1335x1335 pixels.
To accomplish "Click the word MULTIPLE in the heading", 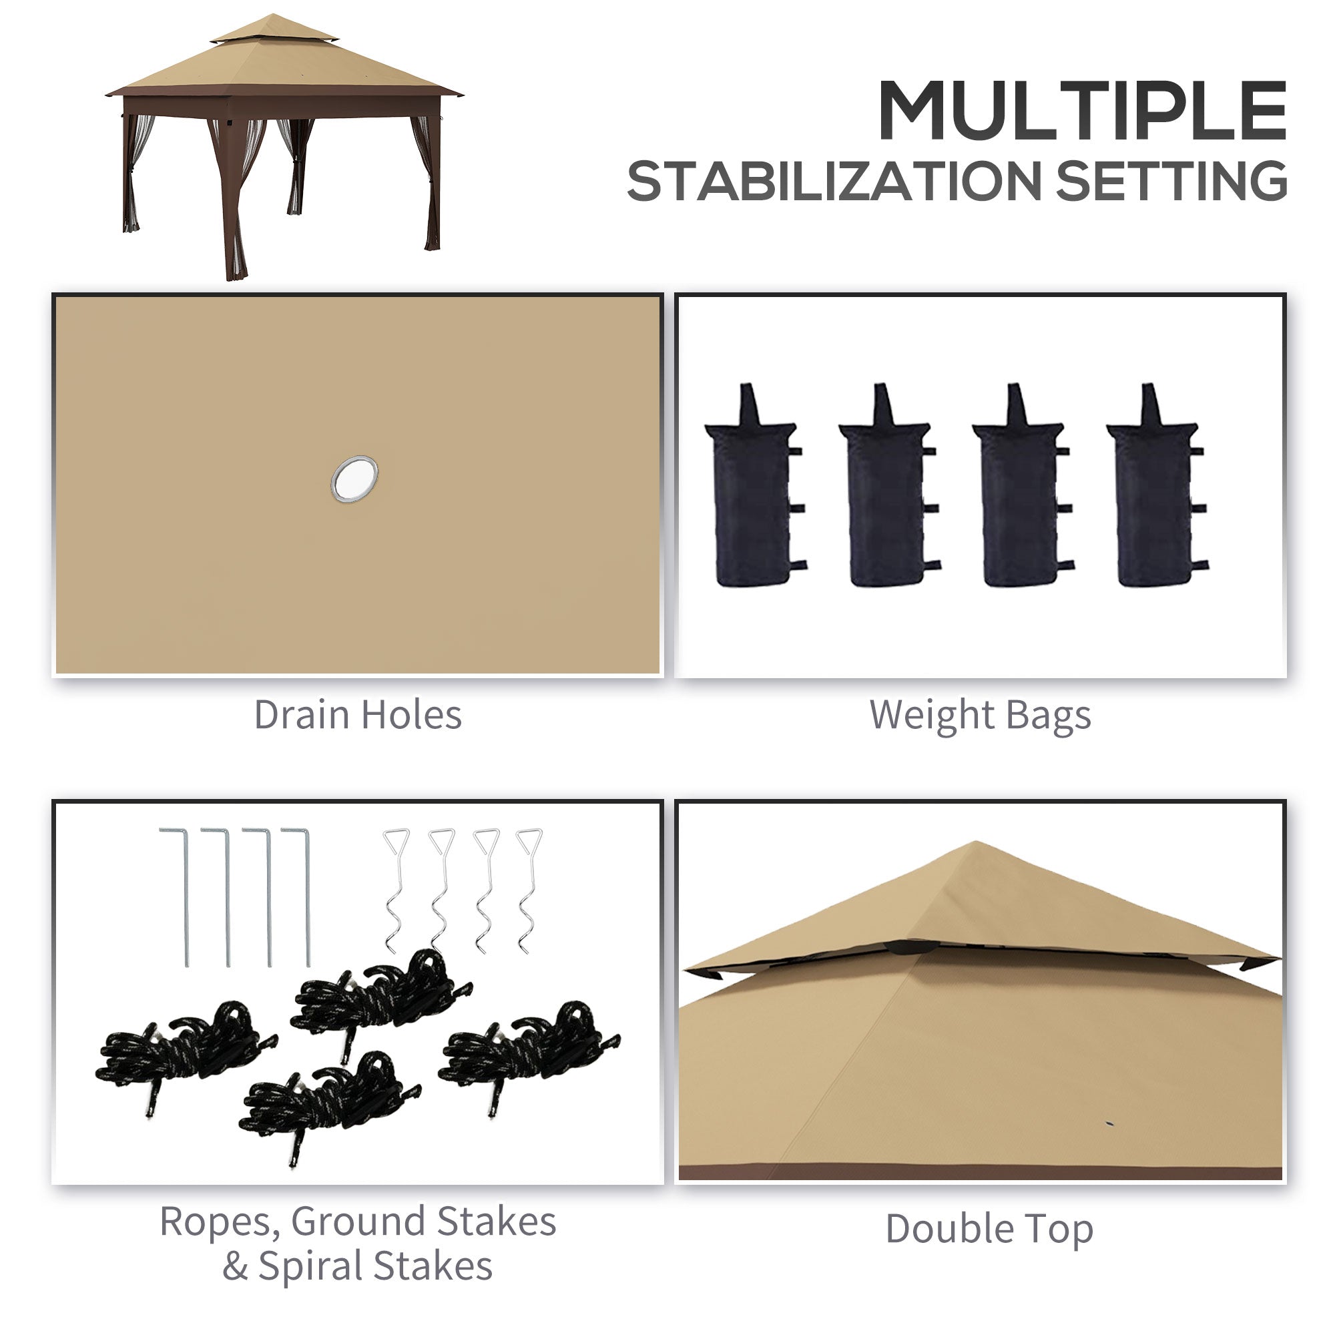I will pos(1081,111).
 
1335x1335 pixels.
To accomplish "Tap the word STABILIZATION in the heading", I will pos(833,182).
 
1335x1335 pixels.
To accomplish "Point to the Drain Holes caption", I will pos(357,715).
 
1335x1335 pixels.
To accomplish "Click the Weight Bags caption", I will pos(980,715).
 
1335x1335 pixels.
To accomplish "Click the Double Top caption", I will pos(989,1229).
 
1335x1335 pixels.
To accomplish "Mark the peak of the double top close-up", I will pos(975,844).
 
